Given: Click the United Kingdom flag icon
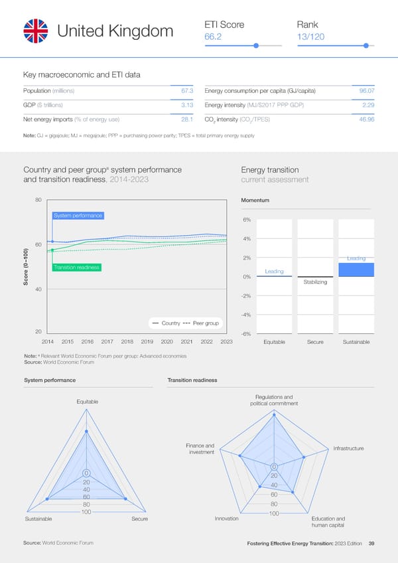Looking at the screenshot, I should pos(36,31).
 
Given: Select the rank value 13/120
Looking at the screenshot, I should pos(311,37).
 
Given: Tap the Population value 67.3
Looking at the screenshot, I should pos(186,90).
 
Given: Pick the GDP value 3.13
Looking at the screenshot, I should pos(186,105).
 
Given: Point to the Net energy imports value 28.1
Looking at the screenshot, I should pos(186,120).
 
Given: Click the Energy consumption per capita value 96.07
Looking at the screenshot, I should pos(367,90).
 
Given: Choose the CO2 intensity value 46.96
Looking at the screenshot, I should pos(367,120).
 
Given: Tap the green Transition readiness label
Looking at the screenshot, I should pos(76,268).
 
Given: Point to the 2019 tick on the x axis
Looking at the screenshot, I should pos(147,342).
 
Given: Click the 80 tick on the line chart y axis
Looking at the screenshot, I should pos(38,199).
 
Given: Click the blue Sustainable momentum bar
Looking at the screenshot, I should pos(356,270).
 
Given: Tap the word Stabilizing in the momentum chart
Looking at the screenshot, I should pos(315,283).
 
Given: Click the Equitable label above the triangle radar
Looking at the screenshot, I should pos(88,401).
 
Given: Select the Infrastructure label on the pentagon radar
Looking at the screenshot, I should pos(348,449).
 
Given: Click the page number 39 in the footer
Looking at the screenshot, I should pos(371,544).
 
